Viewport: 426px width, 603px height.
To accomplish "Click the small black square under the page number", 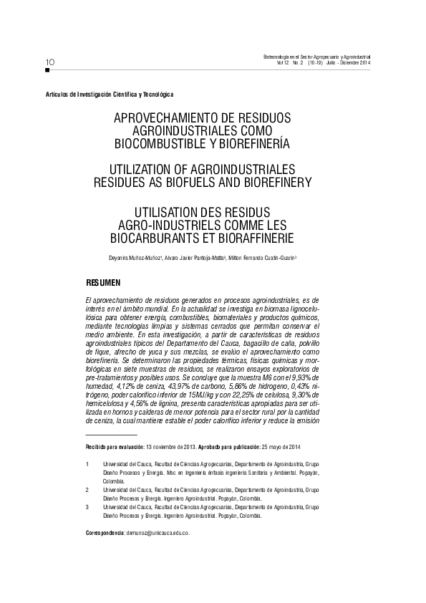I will click(47, 70).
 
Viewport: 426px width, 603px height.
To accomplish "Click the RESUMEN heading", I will click(103, 281).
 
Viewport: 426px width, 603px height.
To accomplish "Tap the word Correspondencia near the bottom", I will click(105, 534).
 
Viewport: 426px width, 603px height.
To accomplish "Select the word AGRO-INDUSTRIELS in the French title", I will click(169, 222).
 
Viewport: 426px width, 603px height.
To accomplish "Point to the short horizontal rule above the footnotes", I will click(110, 435).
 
